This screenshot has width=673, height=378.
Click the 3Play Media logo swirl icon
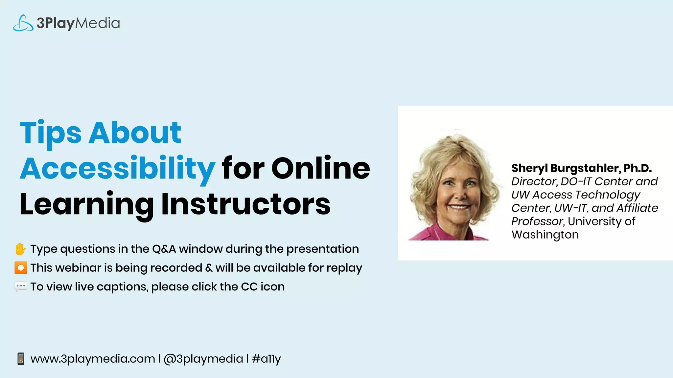pos(23,23)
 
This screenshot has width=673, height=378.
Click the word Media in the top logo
pos(98,23)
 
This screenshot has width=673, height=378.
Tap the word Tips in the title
pos(50,133)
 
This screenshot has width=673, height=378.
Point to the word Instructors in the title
pos(246,204)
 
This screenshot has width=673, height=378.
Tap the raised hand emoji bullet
pos(20,249)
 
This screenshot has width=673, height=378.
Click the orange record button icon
pos(21,268)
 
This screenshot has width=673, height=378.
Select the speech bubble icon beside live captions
pos(21,286)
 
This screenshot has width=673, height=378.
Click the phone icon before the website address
pos(21,359)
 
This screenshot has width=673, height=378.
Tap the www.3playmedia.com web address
pos(93,359)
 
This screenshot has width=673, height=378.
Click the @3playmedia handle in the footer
pos(203,359)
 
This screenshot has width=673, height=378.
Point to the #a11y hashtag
pos(266,359)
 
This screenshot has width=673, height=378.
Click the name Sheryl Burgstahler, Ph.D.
pos(581,168)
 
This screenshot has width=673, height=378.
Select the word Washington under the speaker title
pos(545,235)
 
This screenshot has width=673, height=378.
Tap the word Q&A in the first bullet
pos(164,249)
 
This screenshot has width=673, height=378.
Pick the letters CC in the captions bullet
pos(249,286)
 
